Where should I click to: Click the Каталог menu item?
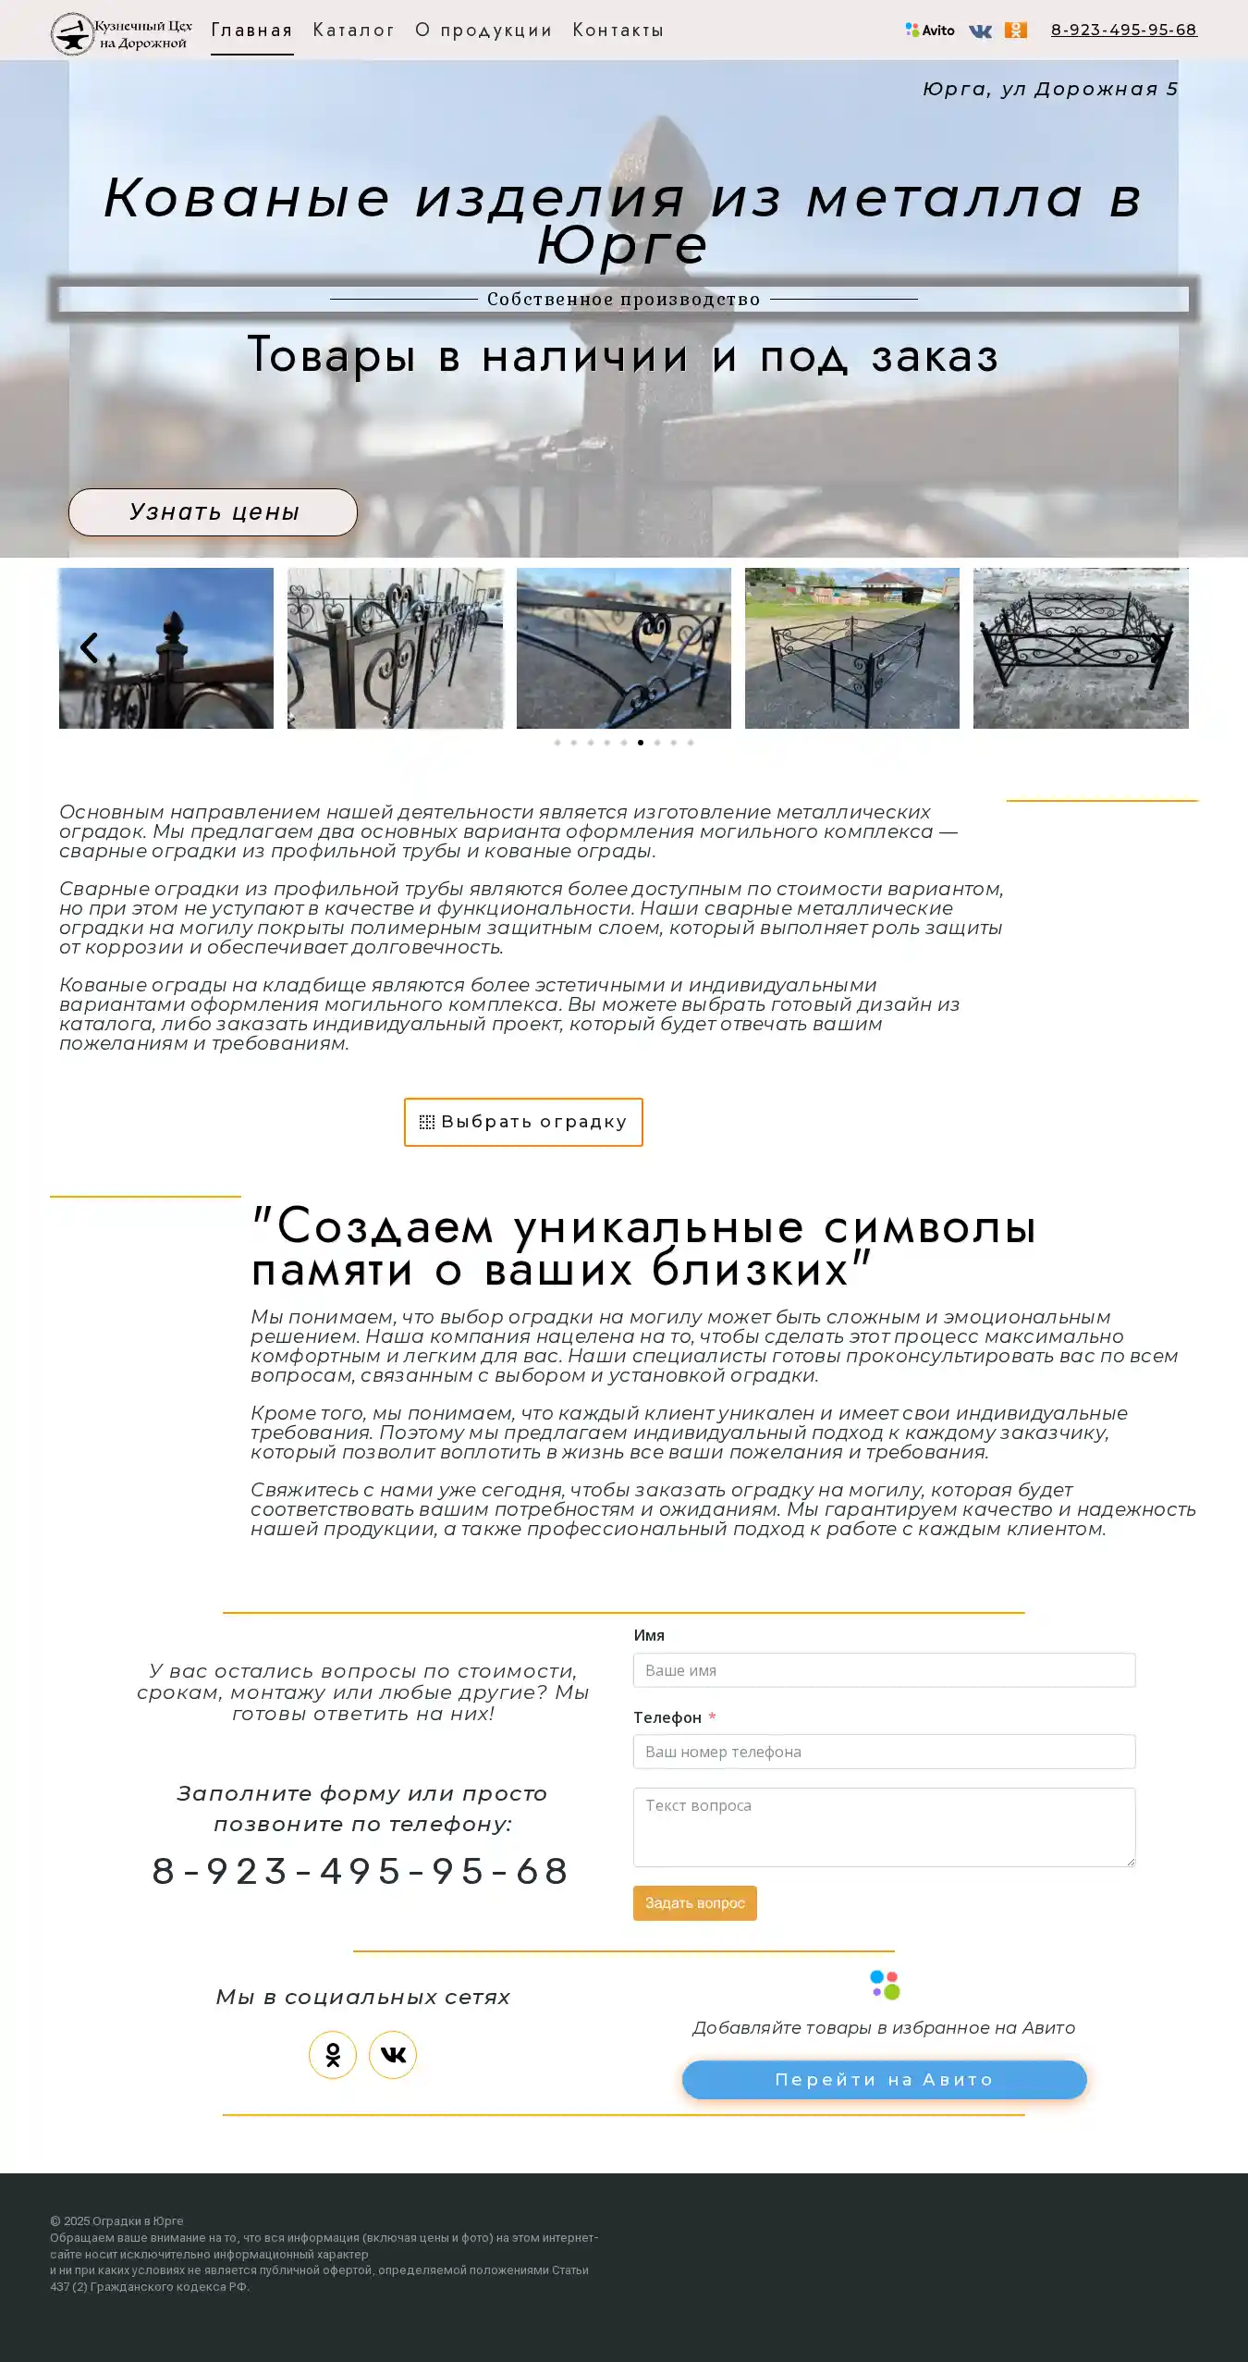tap(353, 31)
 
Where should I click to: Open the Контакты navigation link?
tap(618, 31)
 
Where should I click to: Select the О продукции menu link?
tap(483, 31)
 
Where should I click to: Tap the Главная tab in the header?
tap(251, 31)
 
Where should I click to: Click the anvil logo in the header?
tap(72, 34)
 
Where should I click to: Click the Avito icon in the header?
tap(930, 31)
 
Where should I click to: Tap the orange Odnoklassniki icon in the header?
tap(1015, 31)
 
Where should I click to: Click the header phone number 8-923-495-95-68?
tap(1123, 31)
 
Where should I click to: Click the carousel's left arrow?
tap(89, 647)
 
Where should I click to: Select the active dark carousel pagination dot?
tap(641, 743)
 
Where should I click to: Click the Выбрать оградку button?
tap(523, 1122)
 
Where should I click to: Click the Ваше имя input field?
tap(884, 1670)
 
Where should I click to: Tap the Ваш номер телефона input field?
tap(884, 1752)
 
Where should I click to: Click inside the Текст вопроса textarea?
tap(884, 1827)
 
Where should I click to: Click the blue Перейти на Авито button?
tap(884, 2080)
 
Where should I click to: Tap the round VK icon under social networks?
tap(393, 2055)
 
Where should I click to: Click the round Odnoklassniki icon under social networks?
tap(333, 2055)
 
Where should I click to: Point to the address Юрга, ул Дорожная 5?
tap(1050, 90)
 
